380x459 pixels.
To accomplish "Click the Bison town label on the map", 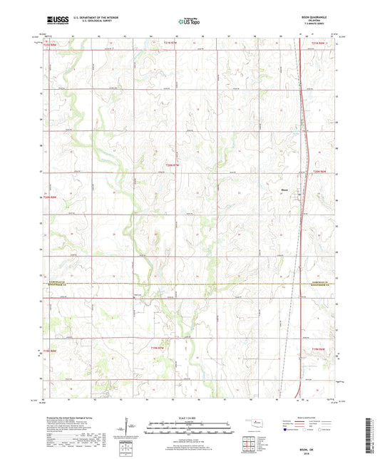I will [x=284, y=190].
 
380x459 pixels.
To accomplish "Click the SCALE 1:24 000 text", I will [x=190, y=417].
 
